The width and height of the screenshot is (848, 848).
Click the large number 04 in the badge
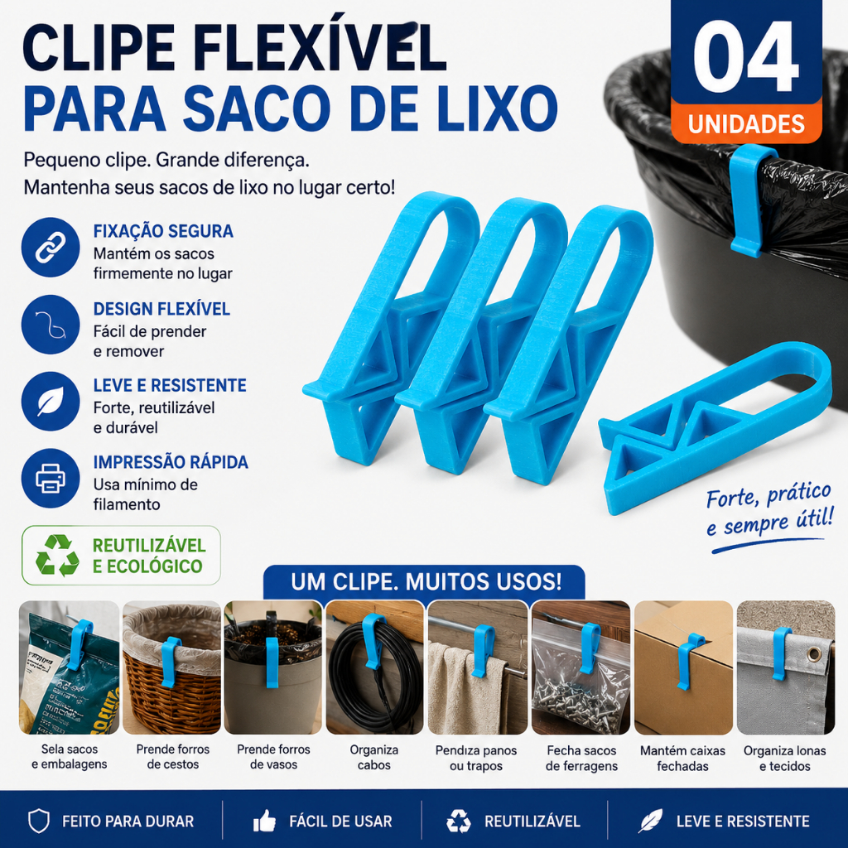(746, 57)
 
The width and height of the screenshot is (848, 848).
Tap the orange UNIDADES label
(746, 124)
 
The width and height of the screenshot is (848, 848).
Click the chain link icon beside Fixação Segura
(51, 247)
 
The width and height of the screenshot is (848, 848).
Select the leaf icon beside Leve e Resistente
(51, 402)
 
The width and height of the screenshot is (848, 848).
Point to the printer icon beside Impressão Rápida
(51, 478)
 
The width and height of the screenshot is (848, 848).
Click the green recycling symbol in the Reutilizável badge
(57, 556)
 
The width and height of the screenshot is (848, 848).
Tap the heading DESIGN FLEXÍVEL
(161, 309)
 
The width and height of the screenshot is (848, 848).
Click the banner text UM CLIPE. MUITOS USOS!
(426, 582)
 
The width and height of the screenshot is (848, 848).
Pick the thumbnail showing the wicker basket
(171, 667)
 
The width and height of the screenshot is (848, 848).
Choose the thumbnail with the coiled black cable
(375, 667)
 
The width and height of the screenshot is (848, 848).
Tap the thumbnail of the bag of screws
(581, 667)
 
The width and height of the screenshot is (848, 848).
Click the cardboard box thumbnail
(683, 667)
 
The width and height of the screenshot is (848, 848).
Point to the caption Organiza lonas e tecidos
(785, 759)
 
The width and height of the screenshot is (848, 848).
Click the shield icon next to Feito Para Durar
(38, 821)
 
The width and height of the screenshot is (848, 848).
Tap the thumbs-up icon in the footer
(264, 821)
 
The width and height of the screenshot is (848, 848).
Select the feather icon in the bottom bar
(651, 821)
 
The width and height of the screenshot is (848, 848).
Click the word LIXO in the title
(498, 107)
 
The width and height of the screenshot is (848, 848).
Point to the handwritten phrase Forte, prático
(768, 495)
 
